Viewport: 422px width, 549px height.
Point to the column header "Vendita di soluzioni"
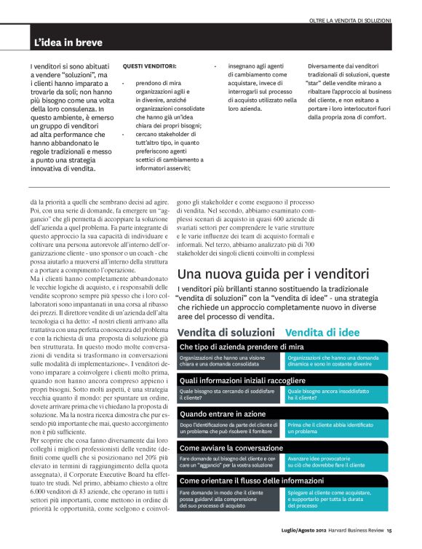click(226, 332)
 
